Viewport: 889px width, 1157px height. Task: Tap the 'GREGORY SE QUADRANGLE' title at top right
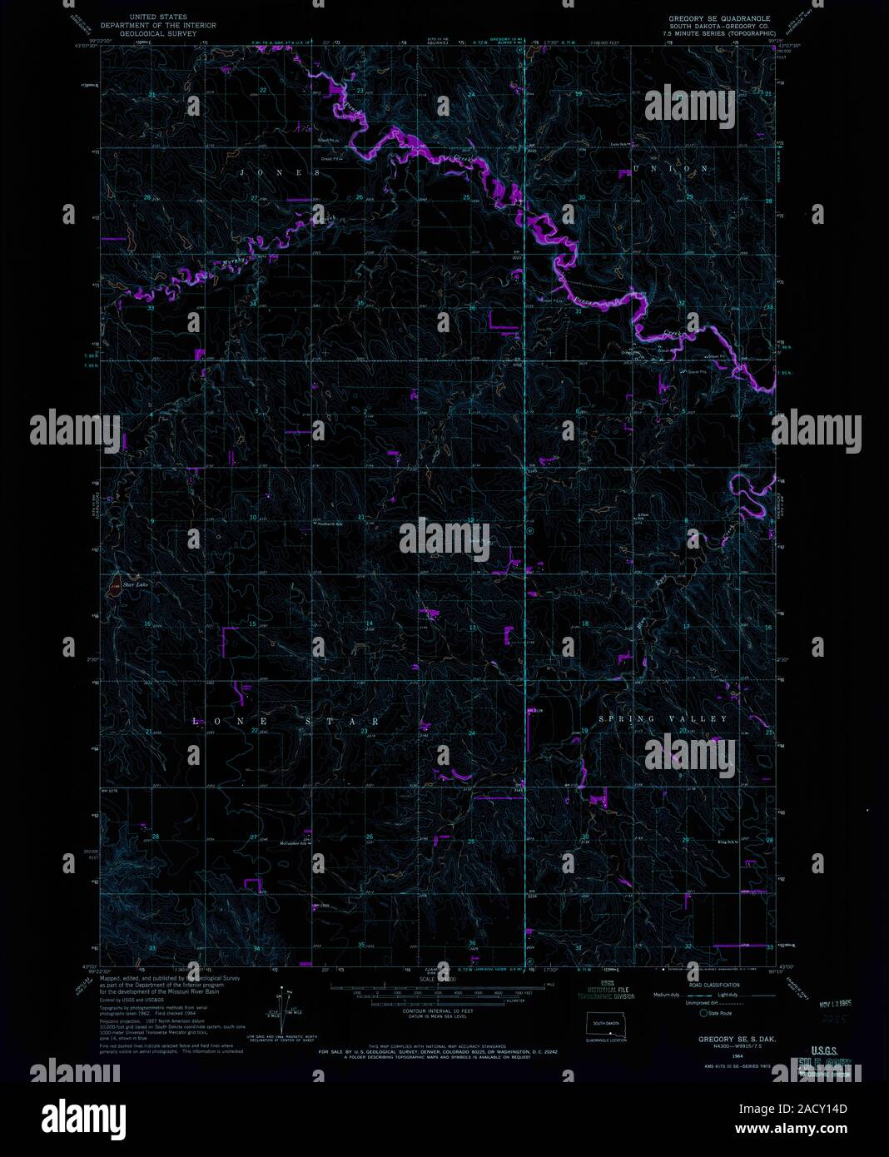coord(719,17)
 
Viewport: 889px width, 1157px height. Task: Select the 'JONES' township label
coord(281,173)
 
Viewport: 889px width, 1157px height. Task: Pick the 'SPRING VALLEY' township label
coord(663,718)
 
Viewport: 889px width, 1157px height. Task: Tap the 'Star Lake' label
coord(134,585)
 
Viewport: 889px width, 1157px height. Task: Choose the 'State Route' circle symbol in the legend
coord(703,1013)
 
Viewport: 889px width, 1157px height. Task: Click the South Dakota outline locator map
coord(605,1023)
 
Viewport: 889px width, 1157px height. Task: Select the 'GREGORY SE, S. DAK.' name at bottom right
coord(720,1040)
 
